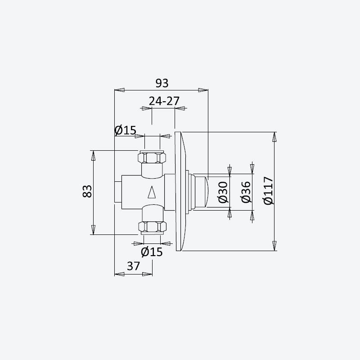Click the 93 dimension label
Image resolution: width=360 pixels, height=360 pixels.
point(162,83)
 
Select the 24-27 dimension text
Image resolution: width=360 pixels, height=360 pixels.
point(164,101)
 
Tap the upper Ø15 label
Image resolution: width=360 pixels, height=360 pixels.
point(126,130)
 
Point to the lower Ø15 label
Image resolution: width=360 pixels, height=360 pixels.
point(152,252)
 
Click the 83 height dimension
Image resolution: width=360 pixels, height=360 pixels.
point(87,191)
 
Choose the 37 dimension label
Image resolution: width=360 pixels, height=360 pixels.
point(133,266)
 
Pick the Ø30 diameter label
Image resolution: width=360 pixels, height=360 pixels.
point(223,193)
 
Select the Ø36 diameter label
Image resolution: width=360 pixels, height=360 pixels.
point(246,192)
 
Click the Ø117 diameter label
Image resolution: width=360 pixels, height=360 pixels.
point(268,190)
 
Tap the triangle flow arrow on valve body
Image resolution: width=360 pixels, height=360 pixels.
point(152,192)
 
